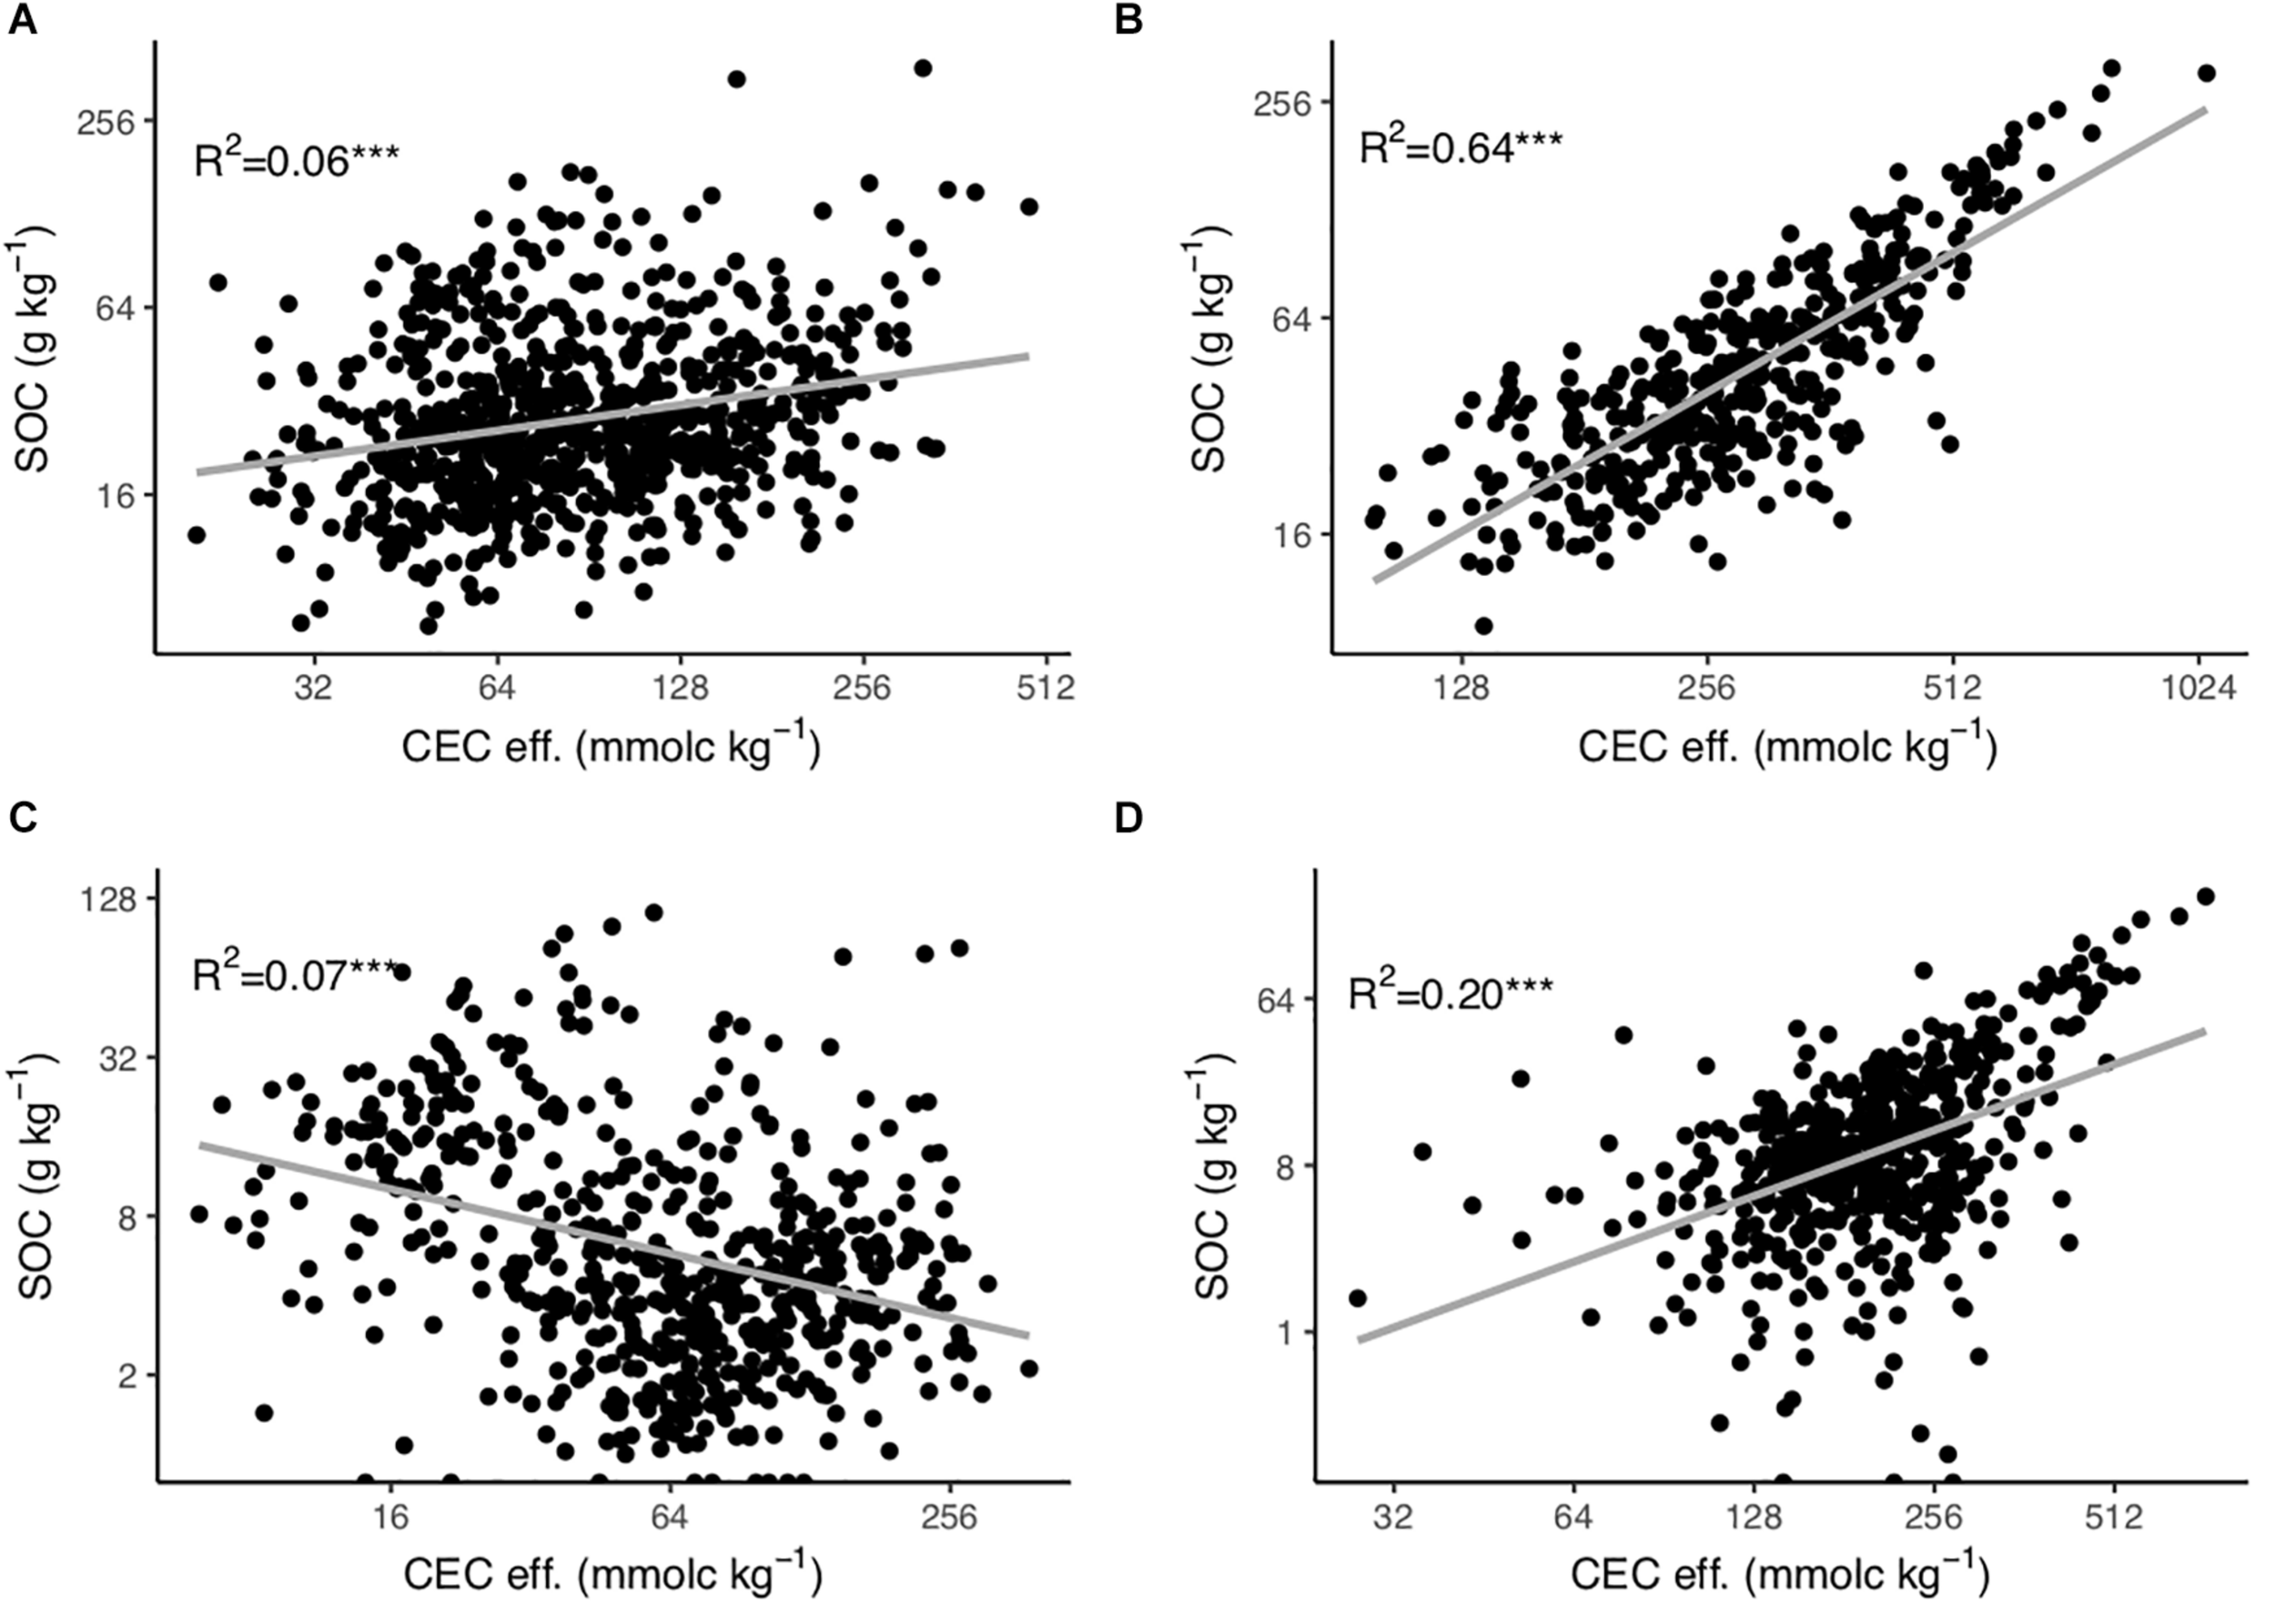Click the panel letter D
click(x=1129, y=818)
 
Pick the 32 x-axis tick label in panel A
click(x=314, y=688)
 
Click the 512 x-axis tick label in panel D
click(x=2115, y=1517)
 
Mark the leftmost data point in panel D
click(x=1358, y=1298)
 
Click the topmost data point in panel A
click(x=923, y=68)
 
